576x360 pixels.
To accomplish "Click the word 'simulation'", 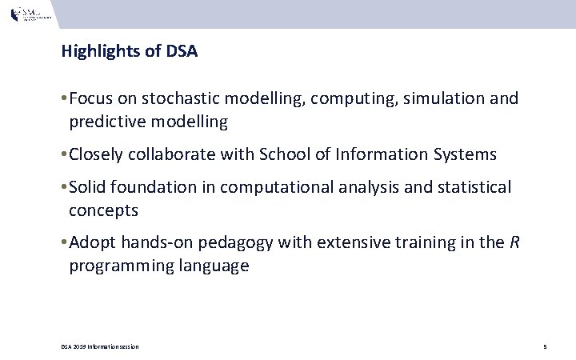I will (444, 99).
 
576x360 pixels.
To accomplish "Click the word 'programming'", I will (114, 267).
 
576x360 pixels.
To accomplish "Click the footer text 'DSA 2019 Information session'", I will (100, 346).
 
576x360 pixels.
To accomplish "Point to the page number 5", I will (544, 346).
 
